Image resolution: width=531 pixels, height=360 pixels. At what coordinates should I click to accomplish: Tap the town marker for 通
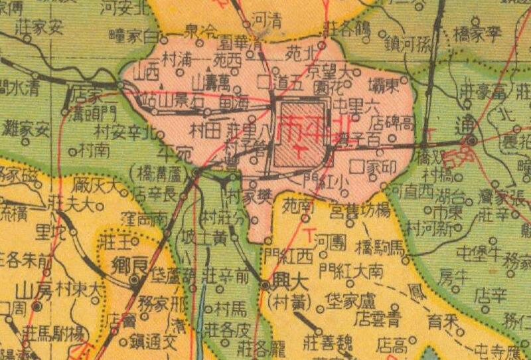(x=471, y=141)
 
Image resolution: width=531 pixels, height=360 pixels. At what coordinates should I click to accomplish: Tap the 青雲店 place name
(x=369, y=315)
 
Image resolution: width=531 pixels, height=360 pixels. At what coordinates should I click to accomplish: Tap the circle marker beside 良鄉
(x=135, y=281)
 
